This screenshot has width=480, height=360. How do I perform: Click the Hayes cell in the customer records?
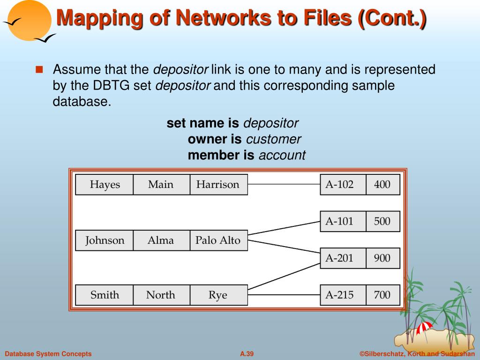[105, 185]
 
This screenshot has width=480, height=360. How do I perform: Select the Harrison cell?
[218, 185]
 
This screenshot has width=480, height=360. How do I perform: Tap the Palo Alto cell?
[218, 240]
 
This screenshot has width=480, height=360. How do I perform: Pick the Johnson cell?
[105, 240]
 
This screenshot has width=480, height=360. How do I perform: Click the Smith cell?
[105, 295]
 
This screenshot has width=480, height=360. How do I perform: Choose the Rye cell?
[218, 295]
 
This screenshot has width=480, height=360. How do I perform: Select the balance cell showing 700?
[382, 295]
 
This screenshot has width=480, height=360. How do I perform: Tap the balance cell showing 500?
[382, 221]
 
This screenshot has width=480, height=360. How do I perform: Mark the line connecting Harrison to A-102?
[284, 185]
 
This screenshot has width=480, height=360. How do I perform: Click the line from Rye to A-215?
[284, 295]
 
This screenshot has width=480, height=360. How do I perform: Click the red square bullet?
[39, 70]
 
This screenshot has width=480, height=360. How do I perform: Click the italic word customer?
[273, 139]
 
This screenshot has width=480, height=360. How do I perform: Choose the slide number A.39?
[247, 354]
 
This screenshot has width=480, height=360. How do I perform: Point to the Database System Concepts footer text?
[48, 354]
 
